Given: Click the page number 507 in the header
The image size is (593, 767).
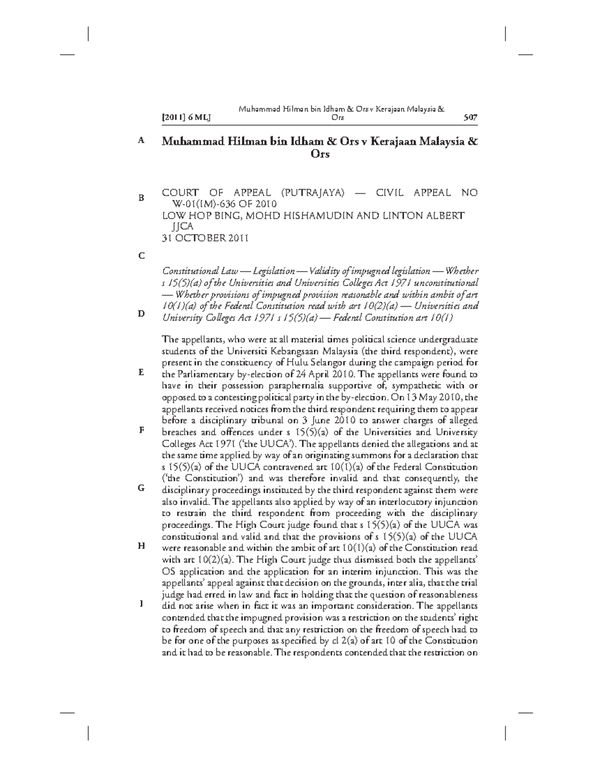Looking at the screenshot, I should pyautogui.click(x=470, y=118).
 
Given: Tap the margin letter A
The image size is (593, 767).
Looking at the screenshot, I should pyautogui.click(x=141, y=141).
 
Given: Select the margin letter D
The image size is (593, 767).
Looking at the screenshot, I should pyautogui.click(x=141, y=314).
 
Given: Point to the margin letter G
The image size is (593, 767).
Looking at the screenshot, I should pyautogui.click(x=141, y=488).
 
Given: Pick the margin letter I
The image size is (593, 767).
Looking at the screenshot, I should pyautogui.click(x=141, y=604).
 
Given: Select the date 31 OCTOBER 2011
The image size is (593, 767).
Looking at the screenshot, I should pyautogui.click(x=205, y=238).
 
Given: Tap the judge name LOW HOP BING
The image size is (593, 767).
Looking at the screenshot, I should pyautogui.click(x=196, y=215).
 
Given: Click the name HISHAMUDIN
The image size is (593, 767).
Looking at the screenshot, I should pyautogui.click(x=327, y=215).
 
